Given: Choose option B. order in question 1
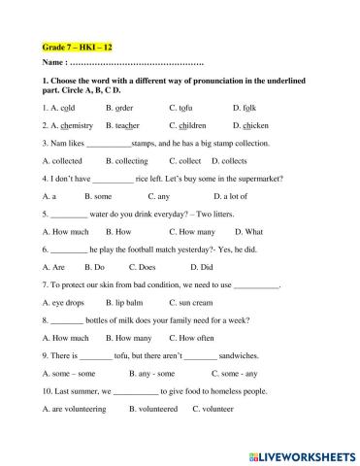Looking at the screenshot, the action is coord(125,108).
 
